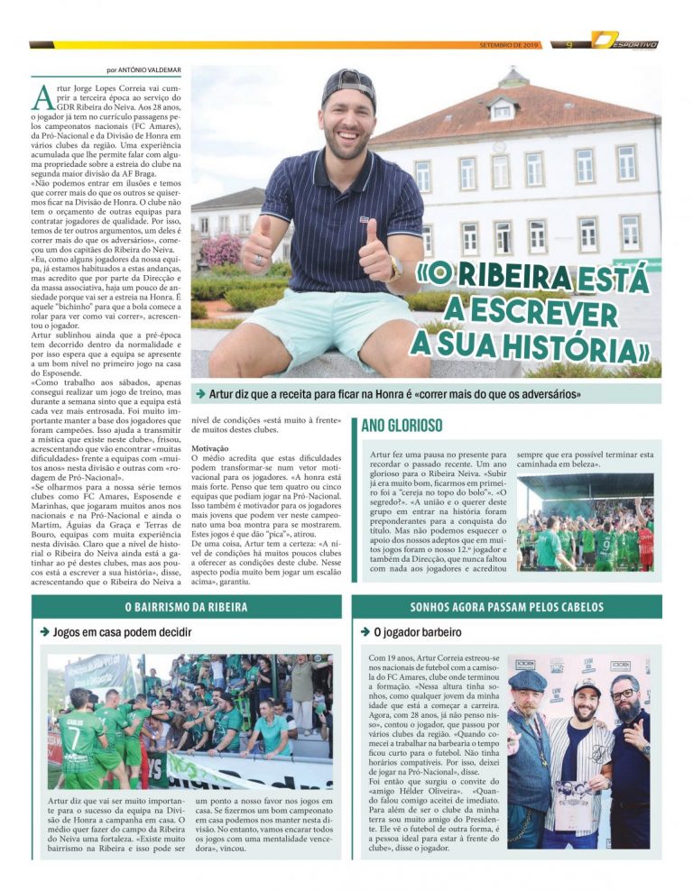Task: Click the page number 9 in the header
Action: (x=568, y=43)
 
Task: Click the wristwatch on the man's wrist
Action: (x=396, y=268)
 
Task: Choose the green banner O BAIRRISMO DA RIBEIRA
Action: (x=186, y=606)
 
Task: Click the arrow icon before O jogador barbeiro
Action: (x=365, y=632)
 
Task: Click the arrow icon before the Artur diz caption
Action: (x=200, y=394)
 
